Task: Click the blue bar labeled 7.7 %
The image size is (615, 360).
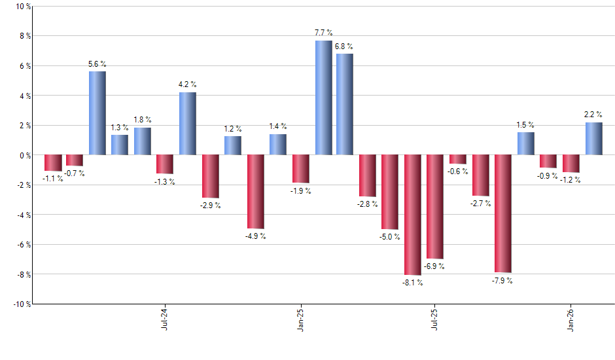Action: point(323,98)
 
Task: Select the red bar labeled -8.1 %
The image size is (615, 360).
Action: point(412,215)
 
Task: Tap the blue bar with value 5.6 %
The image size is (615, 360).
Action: point(97,113)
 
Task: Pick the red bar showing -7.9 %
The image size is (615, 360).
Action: point(502,213)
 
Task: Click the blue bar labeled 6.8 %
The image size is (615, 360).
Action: point(345,105)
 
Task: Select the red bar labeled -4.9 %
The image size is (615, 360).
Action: point(255,191)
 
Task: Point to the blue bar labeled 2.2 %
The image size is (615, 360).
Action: point(593,139)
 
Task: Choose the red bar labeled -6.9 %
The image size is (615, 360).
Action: point(435,206)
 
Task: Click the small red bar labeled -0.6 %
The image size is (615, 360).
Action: point(457,159)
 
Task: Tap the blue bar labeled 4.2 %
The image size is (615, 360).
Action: point(188,124)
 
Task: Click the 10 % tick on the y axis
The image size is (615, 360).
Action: point(23,7)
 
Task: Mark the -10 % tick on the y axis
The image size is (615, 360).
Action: point(22,304)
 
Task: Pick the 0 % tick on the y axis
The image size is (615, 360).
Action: point(25,155)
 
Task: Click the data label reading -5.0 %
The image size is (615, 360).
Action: point(390,237)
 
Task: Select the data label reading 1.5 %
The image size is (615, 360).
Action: point(525,124)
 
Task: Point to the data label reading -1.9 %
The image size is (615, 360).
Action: point(300,191)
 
